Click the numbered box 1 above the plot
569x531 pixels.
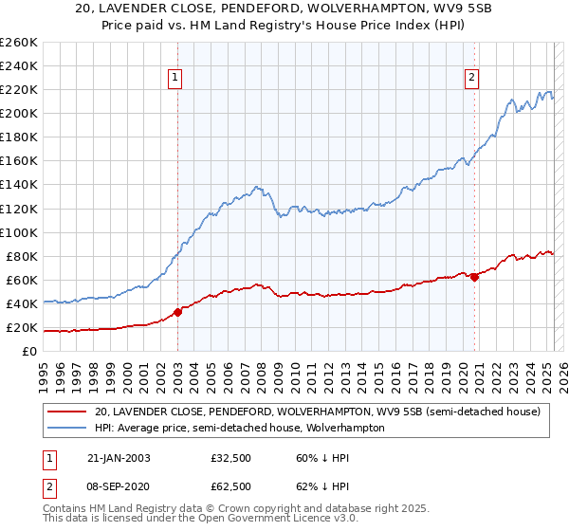(177, 79)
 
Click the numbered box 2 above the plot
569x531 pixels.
(472, 79)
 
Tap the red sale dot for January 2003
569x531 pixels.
(177, 312)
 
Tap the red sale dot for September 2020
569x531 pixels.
(474, 276)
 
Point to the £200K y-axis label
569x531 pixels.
(19, 113)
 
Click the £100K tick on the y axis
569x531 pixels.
(19, 232)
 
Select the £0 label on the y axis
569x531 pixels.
(30, 351)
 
